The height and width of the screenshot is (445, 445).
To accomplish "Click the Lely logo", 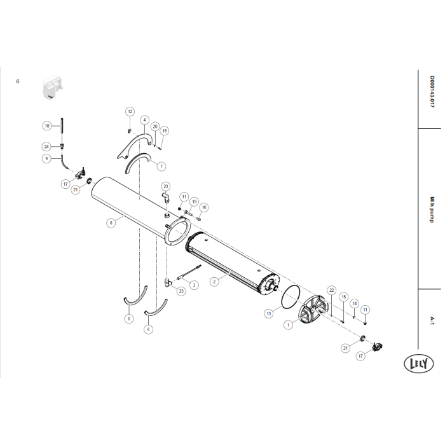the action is [x=418, y=364].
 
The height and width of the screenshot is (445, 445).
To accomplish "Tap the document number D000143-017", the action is [x=432, y=92].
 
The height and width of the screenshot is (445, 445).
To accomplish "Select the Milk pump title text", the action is [x=432, y=210].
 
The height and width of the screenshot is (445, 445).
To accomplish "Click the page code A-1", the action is [x=432, y=320].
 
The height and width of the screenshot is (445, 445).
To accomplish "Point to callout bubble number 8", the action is [x=111, y=223].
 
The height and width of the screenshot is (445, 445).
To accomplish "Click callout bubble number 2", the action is [x=214, y=282].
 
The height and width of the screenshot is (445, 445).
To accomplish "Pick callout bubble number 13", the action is [x=269, y=313].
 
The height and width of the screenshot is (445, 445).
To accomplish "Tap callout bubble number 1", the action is [x=289, y=325].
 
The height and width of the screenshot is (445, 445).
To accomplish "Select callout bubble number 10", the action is [x=47, y=126].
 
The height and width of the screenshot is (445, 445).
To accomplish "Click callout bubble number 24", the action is [x=46, y=147].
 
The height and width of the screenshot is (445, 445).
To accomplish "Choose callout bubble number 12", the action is [x=130, y=111].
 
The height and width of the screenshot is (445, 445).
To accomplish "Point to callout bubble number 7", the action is [x=161, y=167].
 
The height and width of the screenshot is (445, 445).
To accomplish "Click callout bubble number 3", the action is [x=194, y=285].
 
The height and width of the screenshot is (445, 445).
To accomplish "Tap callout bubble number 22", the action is [x=331, y=290].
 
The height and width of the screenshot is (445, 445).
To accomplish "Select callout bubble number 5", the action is [x=148, y=329].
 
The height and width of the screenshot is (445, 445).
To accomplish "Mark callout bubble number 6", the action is [x=129, y=318].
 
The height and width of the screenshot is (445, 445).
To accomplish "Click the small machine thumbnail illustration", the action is [x=52, y=86].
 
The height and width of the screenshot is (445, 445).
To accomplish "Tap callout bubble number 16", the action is [x=204, y=207].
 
